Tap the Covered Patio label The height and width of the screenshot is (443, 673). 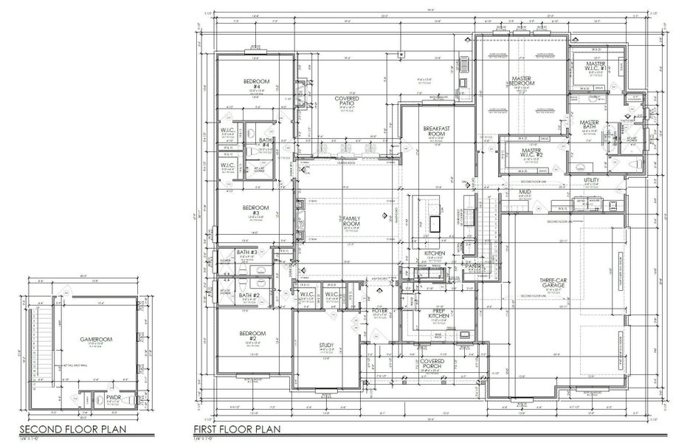tap(347, 101)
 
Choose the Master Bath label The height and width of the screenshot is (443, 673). tap(589, 126)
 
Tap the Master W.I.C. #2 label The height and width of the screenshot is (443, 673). tap(532, 154)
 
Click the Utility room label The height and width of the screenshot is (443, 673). tap(591, 180)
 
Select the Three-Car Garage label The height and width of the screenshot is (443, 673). tap(553, 283)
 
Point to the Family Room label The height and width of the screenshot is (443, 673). tap(351, 221)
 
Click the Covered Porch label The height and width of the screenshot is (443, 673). tap(432, 364)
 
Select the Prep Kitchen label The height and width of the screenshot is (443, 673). tap(441, 314)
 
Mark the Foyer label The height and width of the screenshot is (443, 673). tap(380, 311)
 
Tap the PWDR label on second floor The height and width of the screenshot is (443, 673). tap(113, 396)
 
